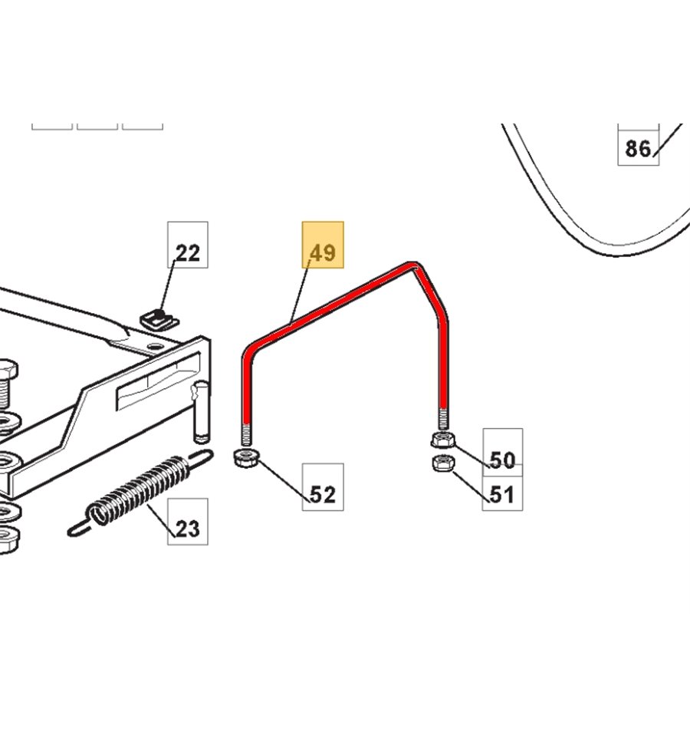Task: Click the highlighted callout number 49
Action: coord(323,252)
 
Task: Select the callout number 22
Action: coord(187,253)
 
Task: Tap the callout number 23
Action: coord(187,529)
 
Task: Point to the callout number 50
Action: coord(502,460)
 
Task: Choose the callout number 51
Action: coord(502,494)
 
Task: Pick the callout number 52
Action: coord(323,494)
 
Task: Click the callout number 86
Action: coord(638,149)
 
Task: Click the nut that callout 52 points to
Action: coord(246,457)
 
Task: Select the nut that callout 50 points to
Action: coord(442,440)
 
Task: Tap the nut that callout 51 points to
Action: coord(442,463)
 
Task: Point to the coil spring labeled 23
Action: coord(140,492)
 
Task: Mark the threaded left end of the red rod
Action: coord(246,435)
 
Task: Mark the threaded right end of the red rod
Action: coord(443,419)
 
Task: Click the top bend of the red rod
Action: coord(413,266)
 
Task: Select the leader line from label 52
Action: coord(284,482)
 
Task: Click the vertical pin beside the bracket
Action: coord(202,412)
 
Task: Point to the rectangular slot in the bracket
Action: coord(159,381)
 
